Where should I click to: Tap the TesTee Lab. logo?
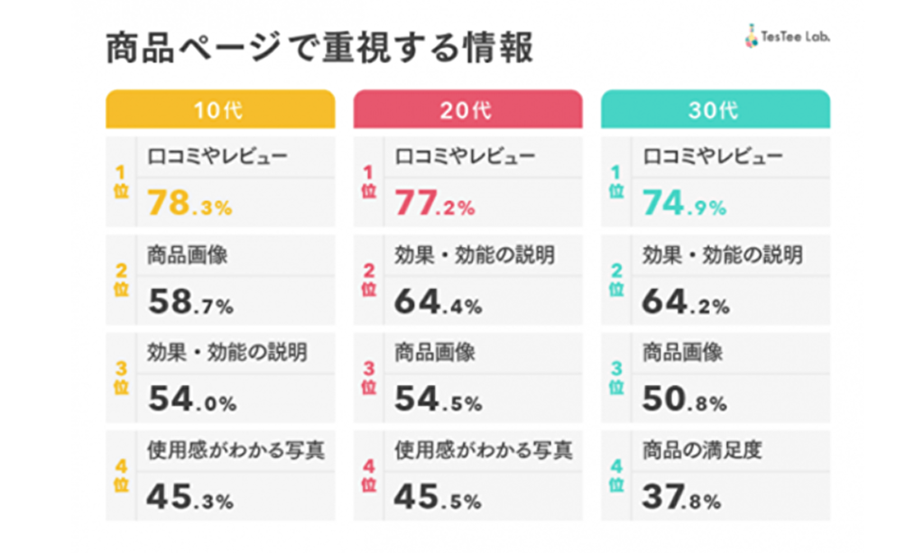pos(787,39)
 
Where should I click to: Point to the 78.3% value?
pos(189,205)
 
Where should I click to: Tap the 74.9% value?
pos(685,205)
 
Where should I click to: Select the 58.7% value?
pos(190,302)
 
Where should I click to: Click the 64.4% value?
pos(439,302)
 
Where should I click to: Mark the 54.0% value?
pos(190,400)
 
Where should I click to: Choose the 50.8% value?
pos(685,400)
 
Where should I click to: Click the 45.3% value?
pos(190,497)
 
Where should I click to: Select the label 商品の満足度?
pos(702,449)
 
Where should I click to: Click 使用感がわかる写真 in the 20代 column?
pos(484,449)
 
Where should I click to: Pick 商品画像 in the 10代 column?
pos(187,254)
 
